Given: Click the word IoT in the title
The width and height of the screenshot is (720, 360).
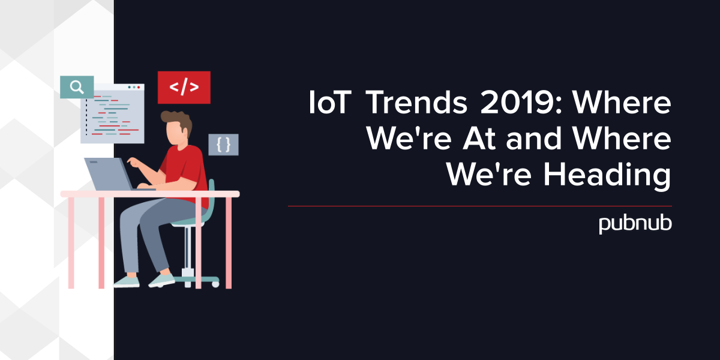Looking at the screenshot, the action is click(x=330, y=103).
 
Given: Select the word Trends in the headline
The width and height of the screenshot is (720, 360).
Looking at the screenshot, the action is click(x=416, y=103).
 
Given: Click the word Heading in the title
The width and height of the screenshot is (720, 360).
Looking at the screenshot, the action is click(x=607, y=175).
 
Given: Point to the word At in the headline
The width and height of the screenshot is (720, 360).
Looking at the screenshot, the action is click(x=480, y=139).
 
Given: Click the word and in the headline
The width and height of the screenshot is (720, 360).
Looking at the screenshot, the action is click(x=533, y=138).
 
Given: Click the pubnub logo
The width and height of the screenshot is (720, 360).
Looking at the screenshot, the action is click(x=635, y=224).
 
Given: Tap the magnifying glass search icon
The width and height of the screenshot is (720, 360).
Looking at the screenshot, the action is click(x=77, y=87).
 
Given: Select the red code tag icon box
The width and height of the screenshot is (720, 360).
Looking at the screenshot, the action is click(x=184, y=88).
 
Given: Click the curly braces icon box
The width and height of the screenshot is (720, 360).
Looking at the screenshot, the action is click(x=223, y=145).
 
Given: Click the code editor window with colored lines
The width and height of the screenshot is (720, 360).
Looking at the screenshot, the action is click(x=113, y=113).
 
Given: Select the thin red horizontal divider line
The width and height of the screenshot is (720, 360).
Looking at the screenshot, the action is click(x=480, y=206).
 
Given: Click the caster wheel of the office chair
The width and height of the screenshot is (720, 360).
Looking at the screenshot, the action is click(x=215, y=284).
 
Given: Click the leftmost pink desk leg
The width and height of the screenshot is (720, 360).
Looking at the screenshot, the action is click(x=71, y=242).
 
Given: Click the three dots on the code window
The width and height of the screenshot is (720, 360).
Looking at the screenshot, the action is click(x=134, y=87).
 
